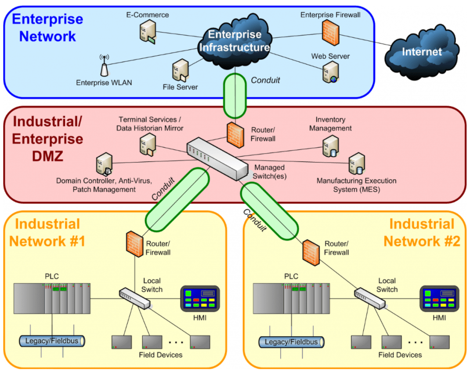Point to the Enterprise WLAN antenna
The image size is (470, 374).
(104, 65)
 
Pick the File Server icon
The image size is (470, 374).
(181, 70)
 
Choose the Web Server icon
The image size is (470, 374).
(331, 72)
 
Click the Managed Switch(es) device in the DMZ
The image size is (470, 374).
(217, 159)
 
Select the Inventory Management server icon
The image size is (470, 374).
(331, 146)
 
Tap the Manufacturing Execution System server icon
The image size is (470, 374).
(357, 164)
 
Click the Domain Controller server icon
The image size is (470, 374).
(104, 164)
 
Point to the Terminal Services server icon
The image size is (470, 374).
(148, 145)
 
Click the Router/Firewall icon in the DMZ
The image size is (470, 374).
(235, 135)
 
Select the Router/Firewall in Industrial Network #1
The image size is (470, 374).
(134, 244)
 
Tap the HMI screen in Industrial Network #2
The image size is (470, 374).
(439, 299)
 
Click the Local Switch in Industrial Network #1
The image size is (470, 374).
(134, 298)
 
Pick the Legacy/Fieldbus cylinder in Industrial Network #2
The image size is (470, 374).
(291, 342)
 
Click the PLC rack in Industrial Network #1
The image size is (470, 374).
(52, 298)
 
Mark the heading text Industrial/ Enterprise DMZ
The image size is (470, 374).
(47, 139)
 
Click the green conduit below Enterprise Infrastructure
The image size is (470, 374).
(235, 96)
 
